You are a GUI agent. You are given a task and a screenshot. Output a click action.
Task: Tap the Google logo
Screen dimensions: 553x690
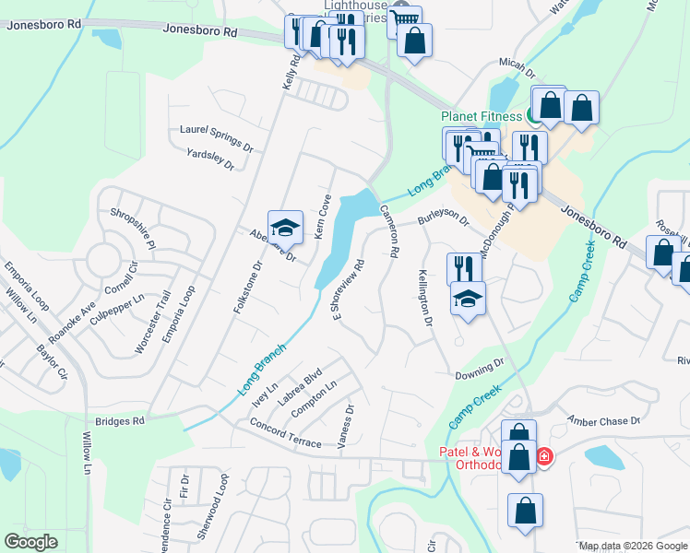tap(31, 542)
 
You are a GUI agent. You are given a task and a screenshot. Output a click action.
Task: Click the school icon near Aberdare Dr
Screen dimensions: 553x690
tap(285, 227)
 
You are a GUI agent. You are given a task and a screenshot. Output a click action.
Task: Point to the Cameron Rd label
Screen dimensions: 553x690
tap(388, 230)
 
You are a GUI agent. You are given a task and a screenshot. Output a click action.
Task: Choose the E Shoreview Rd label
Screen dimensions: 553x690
tap(350, 291)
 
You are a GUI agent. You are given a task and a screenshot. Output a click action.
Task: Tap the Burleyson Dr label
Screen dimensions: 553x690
tap(444, 221)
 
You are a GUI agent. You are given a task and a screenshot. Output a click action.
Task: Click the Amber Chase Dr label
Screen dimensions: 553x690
tap(604, 419)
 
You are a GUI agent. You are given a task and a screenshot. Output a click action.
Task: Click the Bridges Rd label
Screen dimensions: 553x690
tap(125, 421)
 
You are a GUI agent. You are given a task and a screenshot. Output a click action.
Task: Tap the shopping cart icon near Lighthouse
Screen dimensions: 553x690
tap(403, 18)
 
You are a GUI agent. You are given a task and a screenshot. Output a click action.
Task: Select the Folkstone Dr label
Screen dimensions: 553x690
tap(248, 286)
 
